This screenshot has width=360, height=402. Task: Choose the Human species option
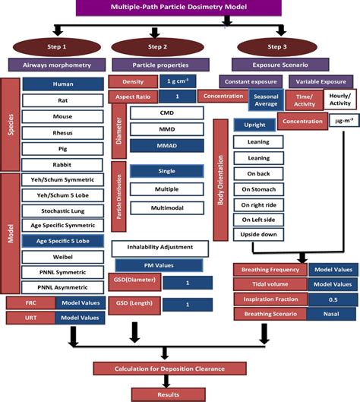[62, 85]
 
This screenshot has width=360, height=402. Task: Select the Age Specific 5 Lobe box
[62, 240]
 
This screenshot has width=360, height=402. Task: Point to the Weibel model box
[62, 256]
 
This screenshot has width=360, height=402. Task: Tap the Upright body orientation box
[249, 125]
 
